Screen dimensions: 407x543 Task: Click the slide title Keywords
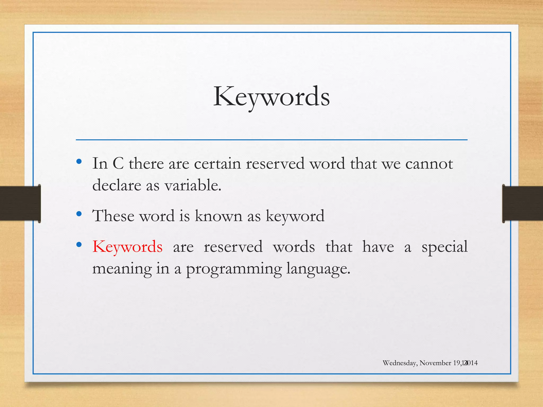coord(271,97)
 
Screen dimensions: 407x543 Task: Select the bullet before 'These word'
coord(79,214)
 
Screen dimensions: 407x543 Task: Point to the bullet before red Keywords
coord(79,245)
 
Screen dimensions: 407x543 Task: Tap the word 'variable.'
coord(193,185)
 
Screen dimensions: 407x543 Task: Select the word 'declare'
coord(117,185)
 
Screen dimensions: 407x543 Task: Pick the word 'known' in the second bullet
coord(219,216)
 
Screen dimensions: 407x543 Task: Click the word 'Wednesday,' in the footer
coord(400,363)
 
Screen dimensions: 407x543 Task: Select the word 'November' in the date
coord(435,363)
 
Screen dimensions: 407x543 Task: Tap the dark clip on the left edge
coord(20,203)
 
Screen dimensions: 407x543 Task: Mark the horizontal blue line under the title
coord(271,140)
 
